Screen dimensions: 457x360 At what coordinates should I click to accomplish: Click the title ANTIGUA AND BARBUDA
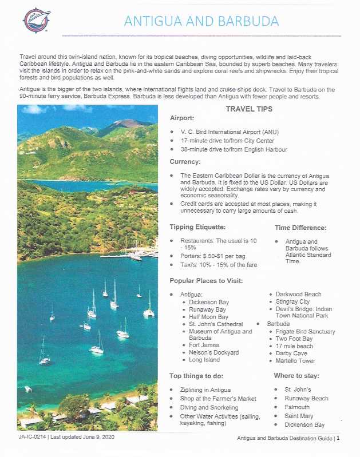pos(202,21)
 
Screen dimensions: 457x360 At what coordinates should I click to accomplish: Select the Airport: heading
pos(182,118)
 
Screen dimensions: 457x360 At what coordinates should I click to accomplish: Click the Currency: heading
pos(184,162)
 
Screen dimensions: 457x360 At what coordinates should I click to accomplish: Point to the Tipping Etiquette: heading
pos(201,227)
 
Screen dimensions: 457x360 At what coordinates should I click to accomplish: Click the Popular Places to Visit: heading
pos(210,281)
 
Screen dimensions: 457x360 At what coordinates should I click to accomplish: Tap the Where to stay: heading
pos(296,376)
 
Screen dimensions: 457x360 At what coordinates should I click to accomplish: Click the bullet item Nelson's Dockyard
pos(213,352)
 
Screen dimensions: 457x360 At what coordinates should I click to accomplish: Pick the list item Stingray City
pos(292,301)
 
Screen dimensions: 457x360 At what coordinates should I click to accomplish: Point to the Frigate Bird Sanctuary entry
pos(305,331)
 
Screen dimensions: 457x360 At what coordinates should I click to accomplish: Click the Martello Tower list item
pos(295,361)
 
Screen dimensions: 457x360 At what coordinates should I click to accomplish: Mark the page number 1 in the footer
pos(338,439)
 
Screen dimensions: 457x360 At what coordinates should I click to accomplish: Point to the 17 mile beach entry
pos(294,346)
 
